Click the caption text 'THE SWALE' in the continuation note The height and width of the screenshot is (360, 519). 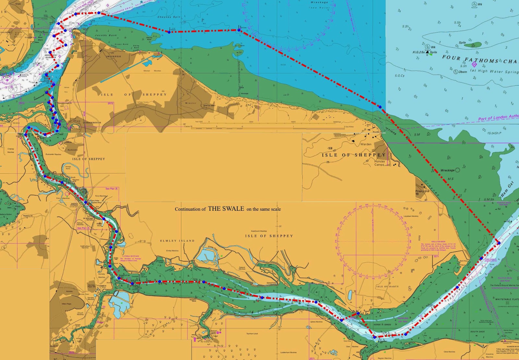226,209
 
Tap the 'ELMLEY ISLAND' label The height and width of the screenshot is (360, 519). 177,241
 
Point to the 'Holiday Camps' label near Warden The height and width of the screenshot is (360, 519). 380,163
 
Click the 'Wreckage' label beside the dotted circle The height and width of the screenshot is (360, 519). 447,170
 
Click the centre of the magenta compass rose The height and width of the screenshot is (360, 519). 373,241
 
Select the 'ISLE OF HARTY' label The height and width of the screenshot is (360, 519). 387,287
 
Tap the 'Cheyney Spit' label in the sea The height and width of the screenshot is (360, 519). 169,17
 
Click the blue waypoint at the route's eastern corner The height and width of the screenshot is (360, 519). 499,243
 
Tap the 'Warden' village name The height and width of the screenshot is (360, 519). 366,144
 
